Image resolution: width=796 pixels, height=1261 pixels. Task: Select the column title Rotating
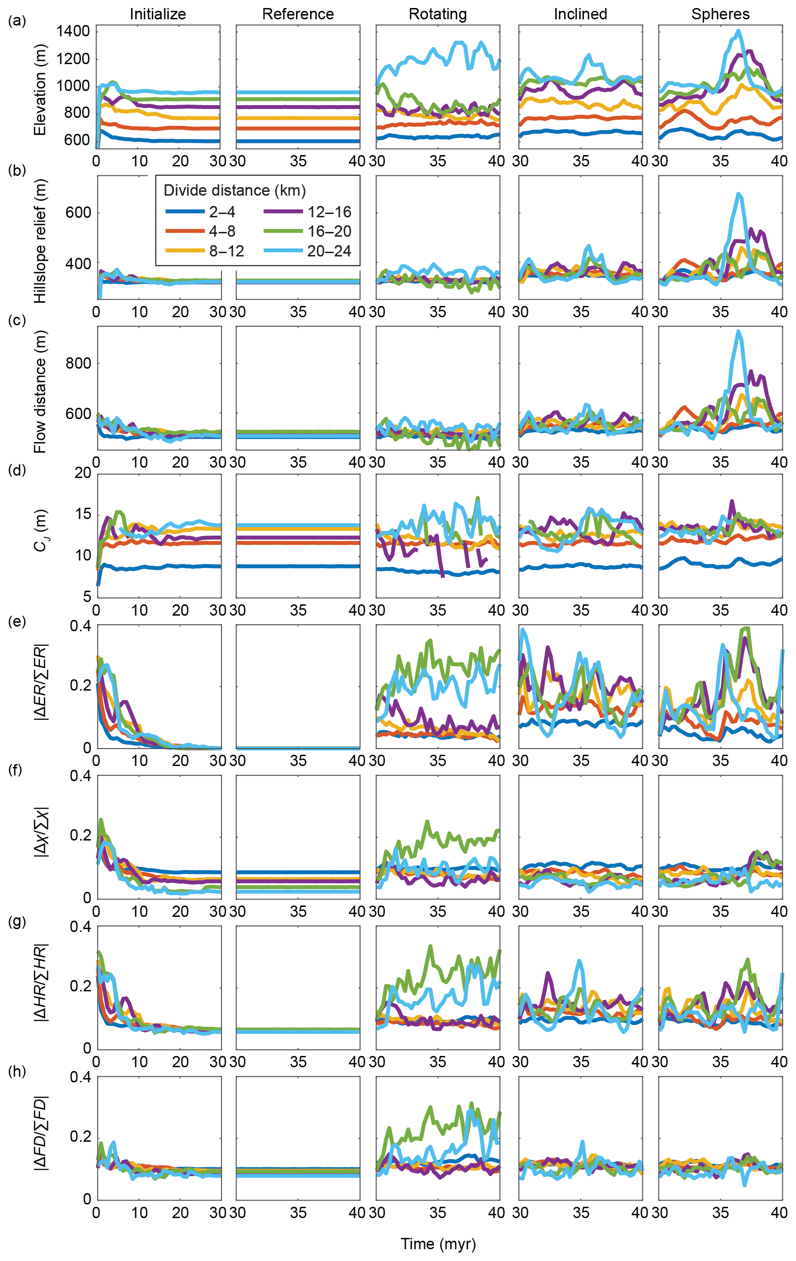[438, 14]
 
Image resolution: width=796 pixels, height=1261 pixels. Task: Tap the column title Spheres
[720, 14]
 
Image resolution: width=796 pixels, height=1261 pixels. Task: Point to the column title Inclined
[580, 14]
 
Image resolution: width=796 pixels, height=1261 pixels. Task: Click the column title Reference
[298, 14]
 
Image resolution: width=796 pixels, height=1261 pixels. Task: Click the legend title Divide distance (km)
[235, 190]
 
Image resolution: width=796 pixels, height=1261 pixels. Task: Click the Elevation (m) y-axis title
[41, 90]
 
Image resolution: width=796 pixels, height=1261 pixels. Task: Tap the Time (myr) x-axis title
[438, 1244]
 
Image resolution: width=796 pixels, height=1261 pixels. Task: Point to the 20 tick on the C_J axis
[83, 473]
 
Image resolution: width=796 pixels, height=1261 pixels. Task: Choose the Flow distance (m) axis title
[41, 392]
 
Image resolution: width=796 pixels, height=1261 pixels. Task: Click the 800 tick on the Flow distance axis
[78, 363]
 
